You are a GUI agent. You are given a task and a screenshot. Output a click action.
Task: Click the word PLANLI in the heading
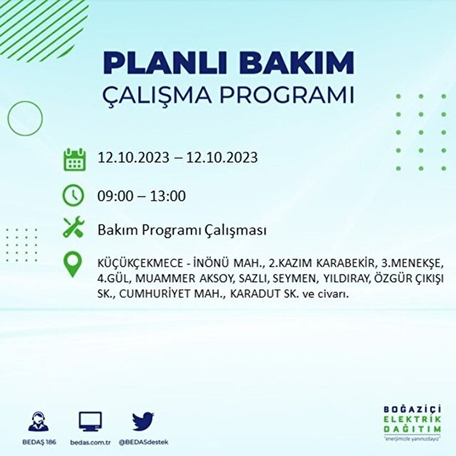click(164, 63)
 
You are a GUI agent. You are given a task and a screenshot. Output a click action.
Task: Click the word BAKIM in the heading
click(296, 63)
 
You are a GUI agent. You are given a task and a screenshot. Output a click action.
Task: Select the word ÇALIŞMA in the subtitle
click(157, 95)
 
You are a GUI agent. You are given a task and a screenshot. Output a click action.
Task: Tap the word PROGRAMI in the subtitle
click(287, 94)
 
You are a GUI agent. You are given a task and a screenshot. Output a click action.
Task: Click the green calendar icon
click(75, 160)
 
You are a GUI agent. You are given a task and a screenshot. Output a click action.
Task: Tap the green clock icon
click(73, 196)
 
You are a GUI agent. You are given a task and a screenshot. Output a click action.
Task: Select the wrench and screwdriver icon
click(73, 227)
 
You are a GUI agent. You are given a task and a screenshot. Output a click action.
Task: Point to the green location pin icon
click(72, 264)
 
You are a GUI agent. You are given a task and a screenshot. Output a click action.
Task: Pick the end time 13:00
click(168, 196)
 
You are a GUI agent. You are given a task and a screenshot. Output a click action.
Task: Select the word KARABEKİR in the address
click(345, 263)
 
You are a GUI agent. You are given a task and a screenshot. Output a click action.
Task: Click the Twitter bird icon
click(143, 421)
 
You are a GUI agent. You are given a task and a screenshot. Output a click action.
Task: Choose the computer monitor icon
click(91, 421)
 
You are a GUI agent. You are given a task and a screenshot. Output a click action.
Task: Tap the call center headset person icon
click(39, 421)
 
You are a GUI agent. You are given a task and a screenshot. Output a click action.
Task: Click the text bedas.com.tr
click(91, 442)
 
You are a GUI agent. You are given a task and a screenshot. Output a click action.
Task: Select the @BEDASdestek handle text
click(143, 442)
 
